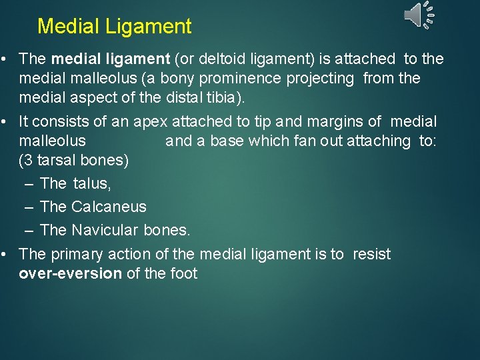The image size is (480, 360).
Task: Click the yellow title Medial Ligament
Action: tap(114, 27)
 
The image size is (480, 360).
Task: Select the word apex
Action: tap(151, 121)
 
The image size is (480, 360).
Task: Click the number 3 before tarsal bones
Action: tap(27, 161)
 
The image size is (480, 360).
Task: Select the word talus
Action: tap(92, 183)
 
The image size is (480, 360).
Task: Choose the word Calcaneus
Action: tap(109, 207)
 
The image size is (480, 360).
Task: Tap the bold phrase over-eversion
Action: tap(70, 274)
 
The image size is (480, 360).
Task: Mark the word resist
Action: tap(371, 254)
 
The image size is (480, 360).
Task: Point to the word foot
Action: tap(183, 274)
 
